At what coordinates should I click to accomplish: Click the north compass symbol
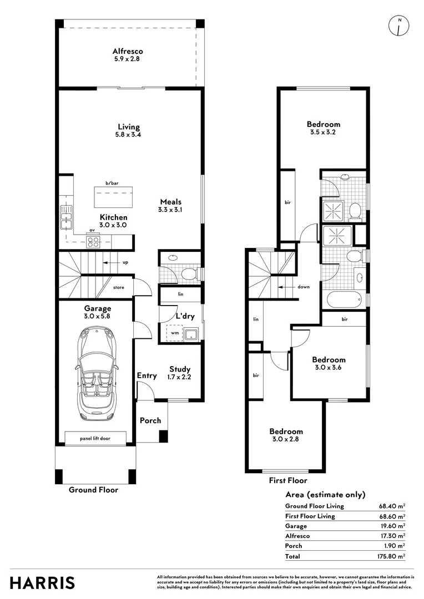click(399, 27)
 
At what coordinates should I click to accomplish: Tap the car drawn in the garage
click(95, 374)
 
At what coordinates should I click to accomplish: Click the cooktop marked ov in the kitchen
click(93, 241)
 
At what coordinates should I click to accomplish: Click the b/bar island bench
click(114, 196)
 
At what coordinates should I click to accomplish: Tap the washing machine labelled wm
click(175, 333)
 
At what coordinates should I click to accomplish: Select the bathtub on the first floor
click(345, 299)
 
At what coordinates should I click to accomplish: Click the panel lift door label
click(95, 438)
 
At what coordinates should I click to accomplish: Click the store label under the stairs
click(119, 287)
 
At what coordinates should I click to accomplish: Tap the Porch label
click(150, 420)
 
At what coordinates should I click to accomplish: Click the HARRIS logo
click(42, 583)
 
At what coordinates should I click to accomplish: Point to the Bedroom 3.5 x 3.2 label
click(324, 128)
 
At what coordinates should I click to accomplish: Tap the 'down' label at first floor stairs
click(304, 287)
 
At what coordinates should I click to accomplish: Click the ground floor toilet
click(189, 273)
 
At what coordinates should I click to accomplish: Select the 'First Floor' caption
click(288, 480)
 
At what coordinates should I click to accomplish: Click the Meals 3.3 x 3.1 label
click(170, 206)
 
